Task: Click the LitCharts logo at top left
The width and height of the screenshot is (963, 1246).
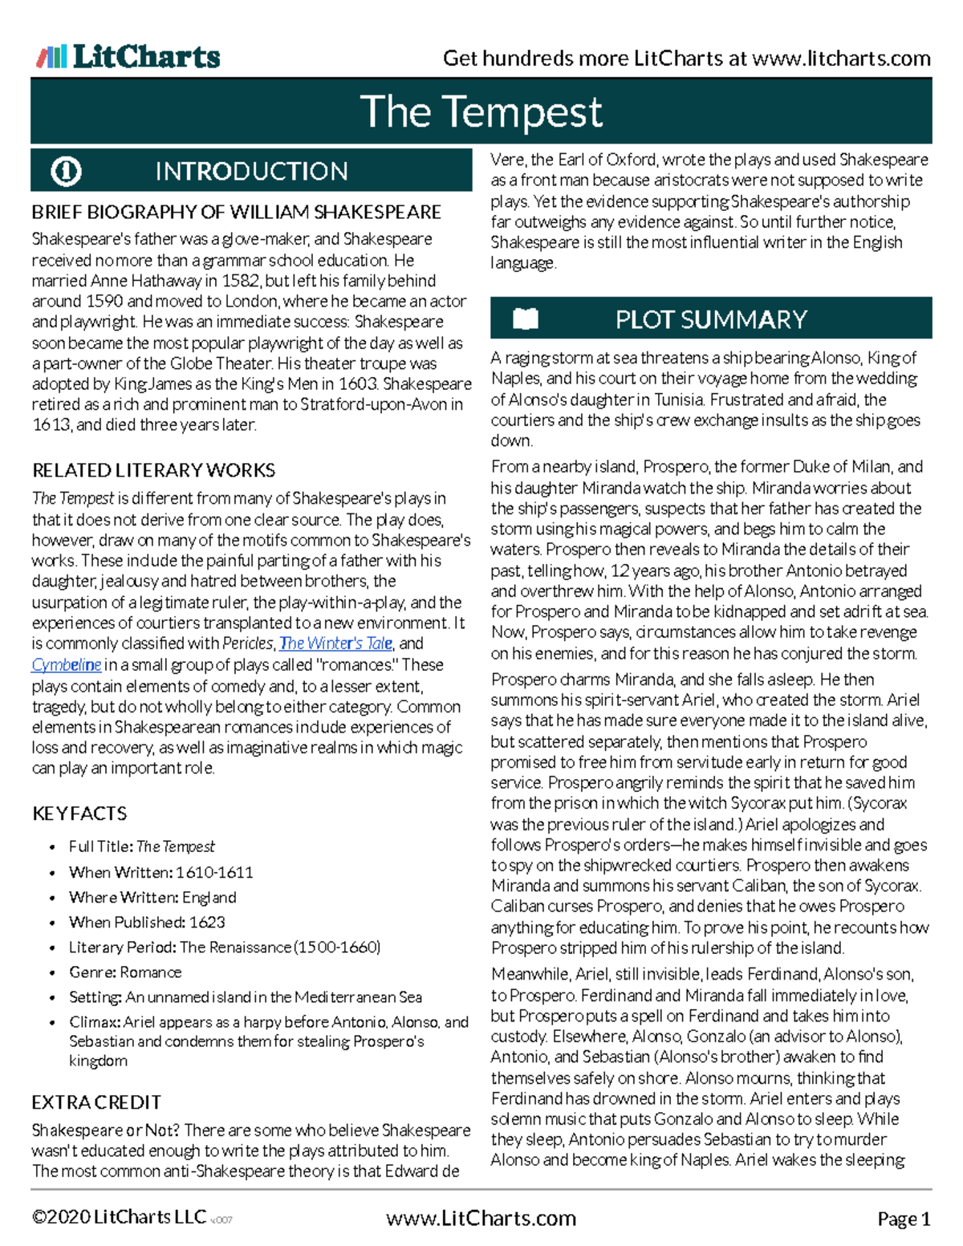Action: pyautogui.click(x=128, y=57)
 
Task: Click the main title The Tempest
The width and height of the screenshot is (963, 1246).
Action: pyautogui.click(x=481, y=112)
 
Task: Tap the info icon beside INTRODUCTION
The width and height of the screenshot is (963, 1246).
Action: pyautogui.click(x=66, y=171)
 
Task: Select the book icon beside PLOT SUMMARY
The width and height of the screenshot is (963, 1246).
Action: pyautogui.click(x=526, y=319)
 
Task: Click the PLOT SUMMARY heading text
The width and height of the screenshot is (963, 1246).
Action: pyautogui.click(x=711, y=319)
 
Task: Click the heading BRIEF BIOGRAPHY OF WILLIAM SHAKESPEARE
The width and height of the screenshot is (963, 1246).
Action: pyautogui.click(x=236, y=213)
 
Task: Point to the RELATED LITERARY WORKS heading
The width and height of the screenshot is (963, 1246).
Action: pyautogui.click(x=153, y=470)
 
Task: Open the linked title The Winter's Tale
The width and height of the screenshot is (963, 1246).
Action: pyautogui.click(x=335, y=643)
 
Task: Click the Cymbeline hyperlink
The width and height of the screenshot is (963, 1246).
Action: pyautogui.click(x=66, y=664)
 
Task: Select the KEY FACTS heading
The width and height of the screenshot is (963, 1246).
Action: pyautogui.click(x=79, y=814)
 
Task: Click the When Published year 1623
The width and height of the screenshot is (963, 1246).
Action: pyautogui.click(x=207, y=922)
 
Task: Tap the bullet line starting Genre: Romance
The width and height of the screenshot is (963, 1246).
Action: pyautogui.click(x=125, y=972)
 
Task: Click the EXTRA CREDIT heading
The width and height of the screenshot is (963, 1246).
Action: pyautogui.click(x=96, y=1102)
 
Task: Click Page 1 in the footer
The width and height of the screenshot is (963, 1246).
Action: pyautogui.click(x=904, y=1220)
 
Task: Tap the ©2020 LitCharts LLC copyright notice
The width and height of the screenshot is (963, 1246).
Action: pyautogui.click(x=119, y=1217)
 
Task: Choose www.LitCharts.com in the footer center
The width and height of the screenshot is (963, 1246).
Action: pyautogui.click(x=481, y=1219)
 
